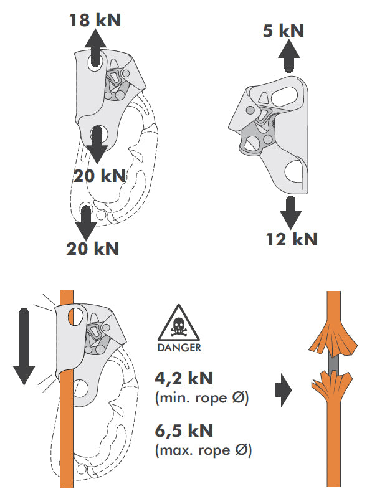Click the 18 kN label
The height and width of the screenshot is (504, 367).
point(95,20)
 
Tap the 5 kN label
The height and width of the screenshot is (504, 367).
point(283,31)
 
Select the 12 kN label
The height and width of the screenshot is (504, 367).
point(292,239)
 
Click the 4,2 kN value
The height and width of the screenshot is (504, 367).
point(184,378)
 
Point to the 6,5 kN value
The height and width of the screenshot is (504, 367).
point(184,430)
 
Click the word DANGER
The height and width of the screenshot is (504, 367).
point(179,348)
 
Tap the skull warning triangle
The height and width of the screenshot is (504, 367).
point(179,324)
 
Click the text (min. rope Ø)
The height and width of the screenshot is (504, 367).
point(202,398)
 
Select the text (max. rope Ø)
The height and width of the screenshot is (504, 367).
point(203,450)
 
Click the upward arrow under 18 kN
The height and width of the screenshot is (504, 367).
point(95,47)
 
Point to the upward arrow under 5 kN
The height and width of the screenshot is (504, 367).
point(289,55)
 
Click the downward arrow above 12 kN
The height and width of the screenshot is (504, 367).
point(290,213)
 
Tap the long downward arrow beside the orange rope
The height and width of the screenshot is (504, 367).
point(24,346)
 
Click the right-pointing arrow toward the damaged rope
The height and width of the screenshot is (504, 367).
point(284,390)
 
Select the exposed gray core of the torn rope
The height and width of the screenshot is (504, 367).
point(333,363)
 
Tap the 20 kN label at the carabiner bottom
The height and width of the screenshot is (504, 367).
point(93,249)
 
